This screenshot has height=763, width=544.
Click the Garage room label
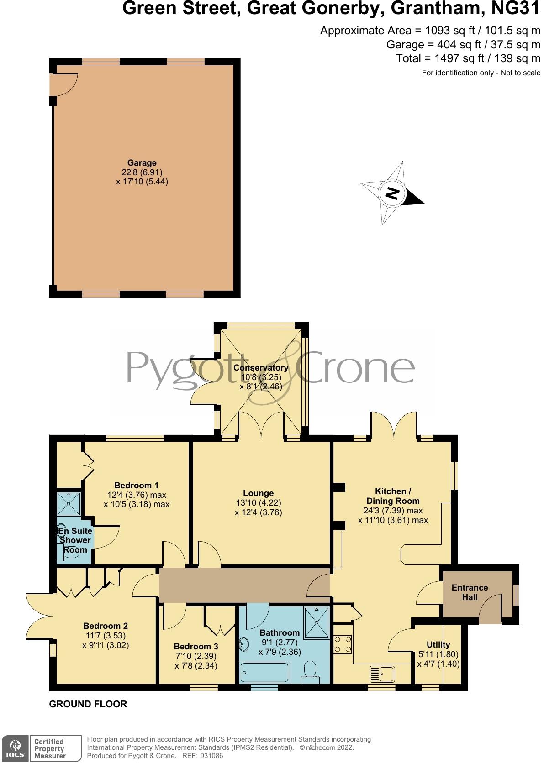click(x=142, y=163)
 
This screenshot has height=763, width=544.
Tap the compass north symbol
click(x=392, y=193)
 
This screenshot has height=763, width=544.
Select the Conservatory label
click(x=261, y=368)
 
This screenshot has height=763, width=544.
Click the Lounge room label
click(x=259, y=493)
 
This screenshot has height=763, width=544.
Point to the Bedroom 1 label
click(x=137, y=485)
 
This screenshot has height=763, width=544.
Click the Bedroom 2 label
click(x=106, y=626)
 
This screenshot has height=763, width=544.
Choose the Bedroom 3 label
click(x=196, y=646)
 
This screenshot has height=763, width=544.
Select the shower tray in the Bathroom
click(x=317, y=623)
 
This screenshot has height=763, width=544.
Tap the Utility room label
click(x=438, y=645)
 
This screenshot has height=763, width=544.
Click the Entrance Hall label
click(x=470, y=592)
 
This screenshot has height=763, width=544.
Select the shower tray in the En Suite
click(x=69, y=504)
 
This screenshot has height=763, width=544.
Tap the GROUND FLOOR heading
click(x=88, y=704)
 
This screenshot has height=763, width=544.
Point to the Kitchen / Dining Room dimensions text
click(x=393, y=515)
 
